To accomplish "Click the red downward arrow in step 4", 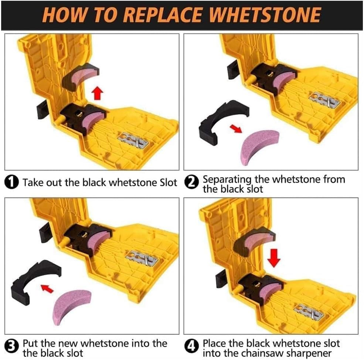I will (x=274, y=257).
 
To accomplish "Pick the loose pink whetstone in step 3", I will (x=71, y=306).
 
